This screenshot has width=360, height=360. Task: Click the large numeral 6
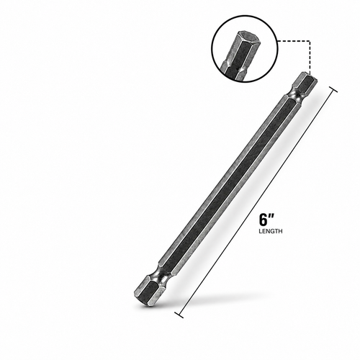(263, 220)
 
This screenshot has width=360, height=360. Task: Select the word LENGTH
(271, 231)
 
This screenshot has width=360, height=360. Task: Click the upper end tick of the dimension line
(333, 89)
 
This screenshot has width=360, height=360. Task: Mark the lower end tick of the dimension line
(179, 315)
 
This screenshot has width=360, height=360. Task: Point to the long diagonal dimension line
(256, 202)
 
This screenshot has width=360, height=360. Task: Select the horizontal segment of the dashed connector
(294, 41)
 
